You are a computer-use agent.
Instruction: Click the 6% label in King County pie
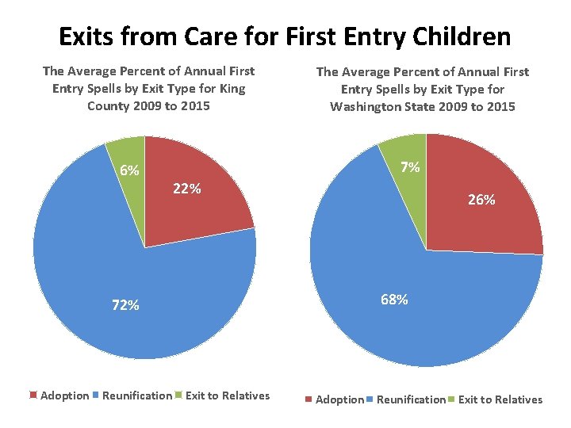coord(129,170)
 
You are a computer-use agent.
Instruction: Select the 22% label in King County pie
coord(186,189)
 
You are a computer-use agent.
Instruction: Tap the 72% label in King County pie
coord(125,305)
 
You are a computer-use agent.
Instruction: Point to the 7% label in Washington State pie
coord(410,167)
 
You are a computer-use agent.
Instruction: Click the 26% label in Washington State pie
coord(481,201)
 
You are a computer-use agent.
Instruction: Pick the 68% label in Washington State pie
coord(394,300)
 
